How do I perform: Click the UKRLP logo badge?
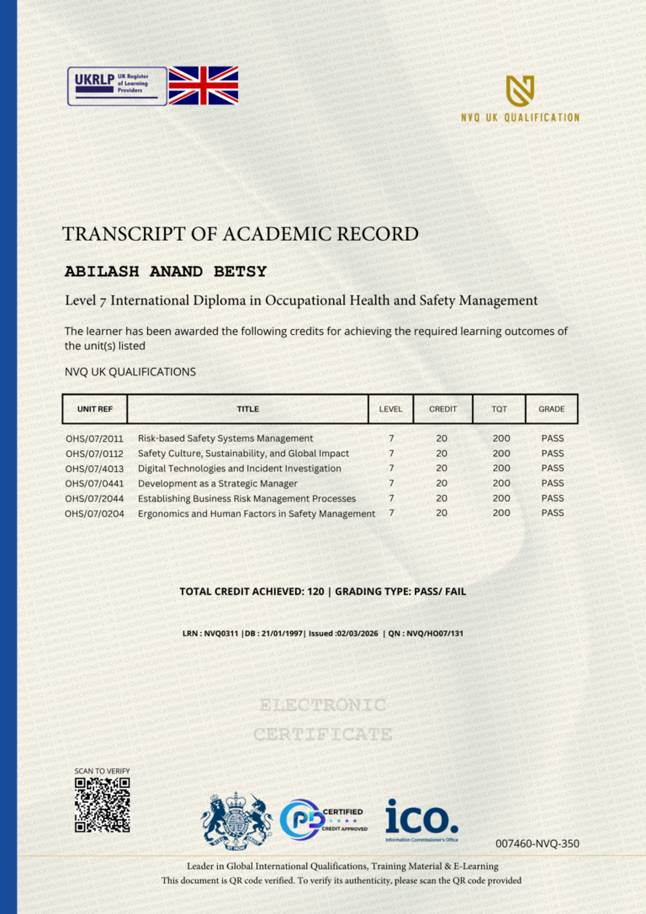(117, 86)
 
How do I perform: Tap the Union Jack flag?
(204, 86)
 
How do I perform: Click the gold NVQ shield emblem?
(520, 90)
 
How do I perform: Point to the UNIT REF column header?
(95, 409)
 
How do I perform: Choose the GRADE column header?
(552, 409)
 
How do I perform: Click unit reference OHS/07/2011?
(94, 438)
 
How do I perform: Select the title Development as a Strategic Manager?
(217, 484)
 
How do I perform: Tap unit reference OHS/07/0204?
(94, 513)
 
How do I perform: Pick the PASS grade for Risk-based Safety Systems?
(553, 438)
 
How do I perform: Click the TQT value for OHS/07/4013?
(501, 468)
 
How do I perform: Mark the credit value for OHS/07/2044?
(442, 498)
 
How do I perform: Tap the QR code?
(102, 805)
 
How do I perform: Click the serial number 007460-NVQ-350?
(537, 843)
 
